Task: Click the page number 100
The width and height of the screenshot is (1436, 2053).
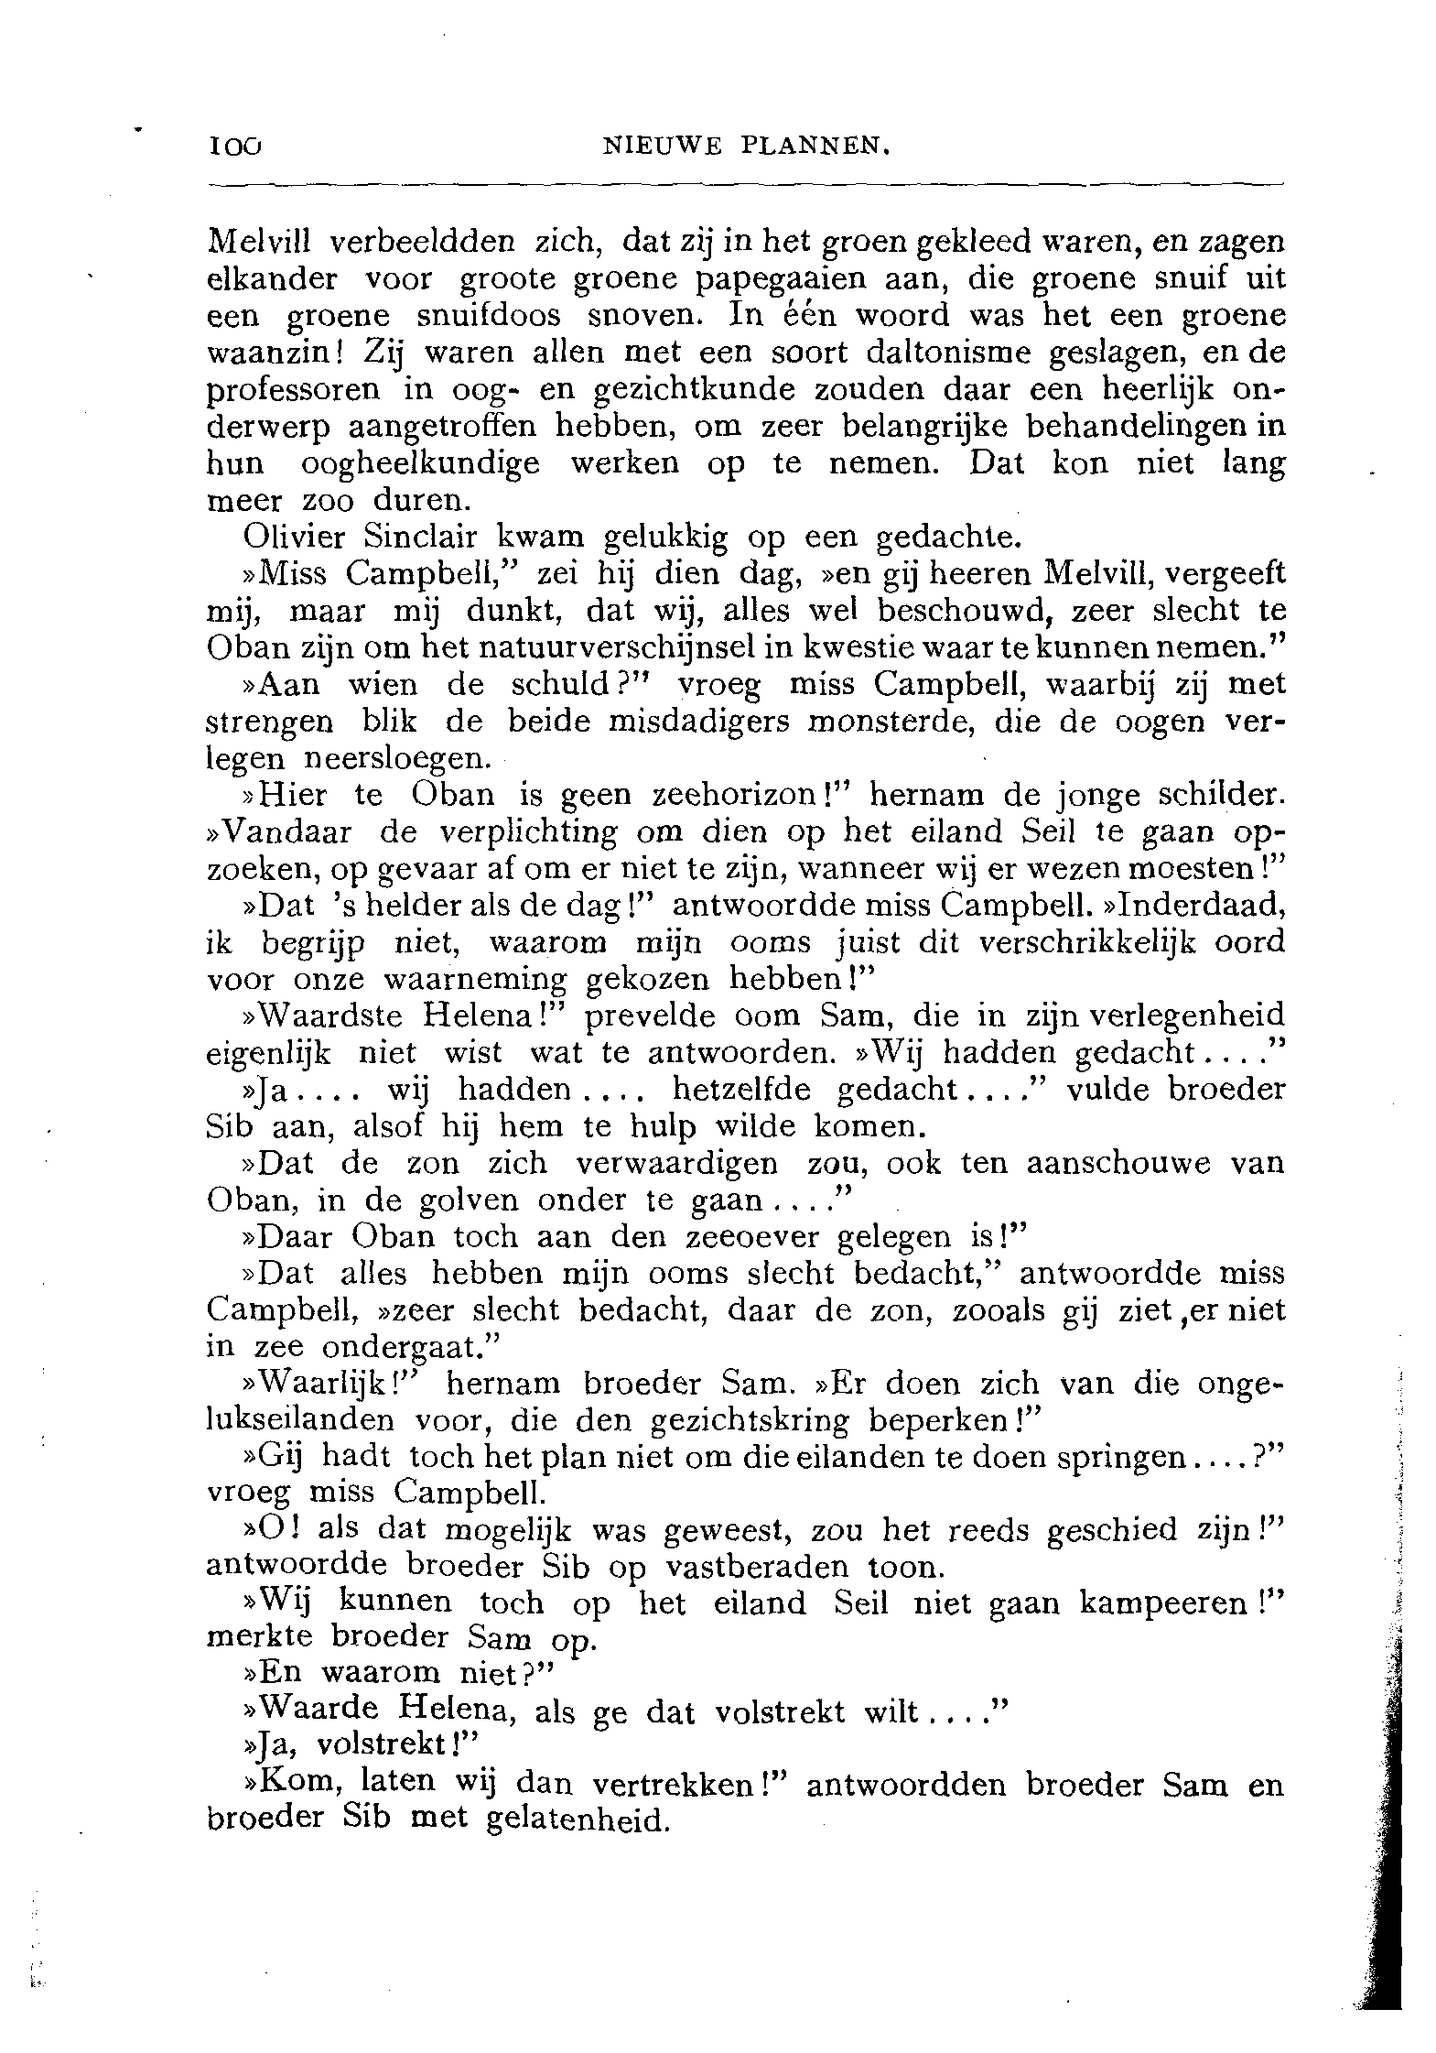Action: tap(235, 145)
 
